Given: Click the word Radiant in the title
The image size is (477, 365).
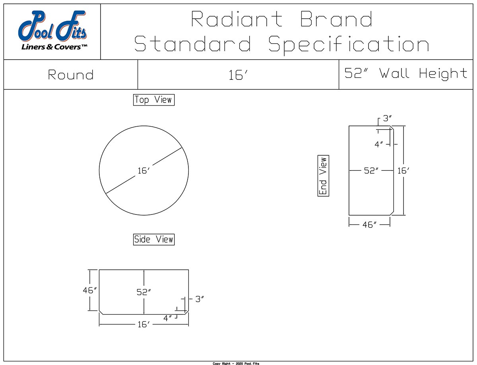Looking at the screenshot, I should (237, 19).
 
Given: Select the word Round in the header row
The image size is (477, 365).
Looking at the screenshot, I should (71, 75).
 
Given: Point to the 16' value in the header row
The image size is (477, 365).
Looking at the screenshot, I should (238, 75).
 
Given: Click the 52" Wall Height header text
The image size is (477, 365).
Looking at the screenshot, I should (406, 73).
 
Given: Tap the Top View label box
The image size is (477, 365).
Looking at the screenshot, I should (153, 100).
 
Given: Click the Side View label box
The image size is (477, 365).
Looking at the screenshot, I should (153, 239).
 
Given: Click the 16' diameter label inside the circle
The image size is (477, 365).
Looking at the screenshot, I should (143, 171).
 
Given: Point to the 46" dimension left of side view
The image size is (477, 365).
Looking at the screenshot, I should (90, 290).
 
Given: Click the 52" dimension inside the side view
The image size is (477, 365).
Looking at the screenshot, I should (143, 292).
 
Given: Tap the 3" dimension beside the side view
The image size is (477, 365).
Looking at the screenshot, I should (200, 299).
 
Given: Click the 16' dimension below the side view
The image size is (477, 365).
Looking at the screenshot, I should (143, 324).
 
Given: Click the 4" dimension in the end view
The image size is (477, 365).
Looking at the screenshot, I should (379, 144).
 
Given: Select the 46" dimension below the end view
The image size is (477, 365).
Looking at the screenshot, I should (369, 225).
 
